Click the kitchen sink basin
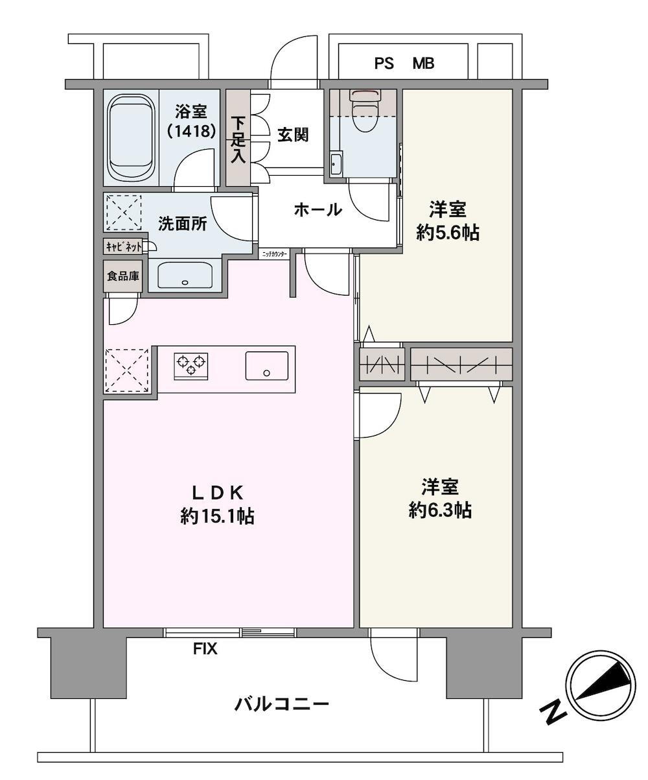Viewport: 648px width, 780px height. pyautogui.click(x=267, y=366)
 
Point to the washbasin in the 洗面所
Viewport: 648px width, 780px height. pyautogui.click(x=185, y=276)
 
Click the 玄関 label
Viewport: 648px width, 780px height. pyautogui.click(x=293, y=135)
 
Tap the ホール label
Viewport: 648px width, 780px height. pyautogui.click(x=318, y=210)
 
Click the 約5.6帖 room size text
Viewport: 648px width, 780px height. pyautogui.click(x=448, y=233)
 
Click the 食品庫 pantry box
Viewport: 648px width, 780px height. pyautogui.click(x=123, y=276)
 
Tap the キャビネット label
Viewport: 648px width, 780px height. pyautogui.click(x=124, y=247)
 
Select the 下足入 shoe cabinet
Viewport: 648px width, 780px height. pyautogui.click(x=238, y=137)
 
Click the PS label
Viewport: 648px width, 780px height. pyautogui.click(x=384, y=64)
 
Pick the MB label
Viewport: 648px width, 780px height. pyautogui.click(x=423, y=64)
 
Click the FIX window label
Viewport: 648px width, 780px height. pyautogui.click(x=205, y=649)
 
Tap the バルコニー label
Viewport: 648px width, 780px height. pyautogui.click(x=282, y=705)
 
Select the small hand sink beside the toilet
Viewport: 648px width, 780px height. pyautogui.click(x=336, y=163)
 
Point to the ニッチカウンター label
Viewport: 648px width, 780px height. pyautogui.click(x=275, y=254)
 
